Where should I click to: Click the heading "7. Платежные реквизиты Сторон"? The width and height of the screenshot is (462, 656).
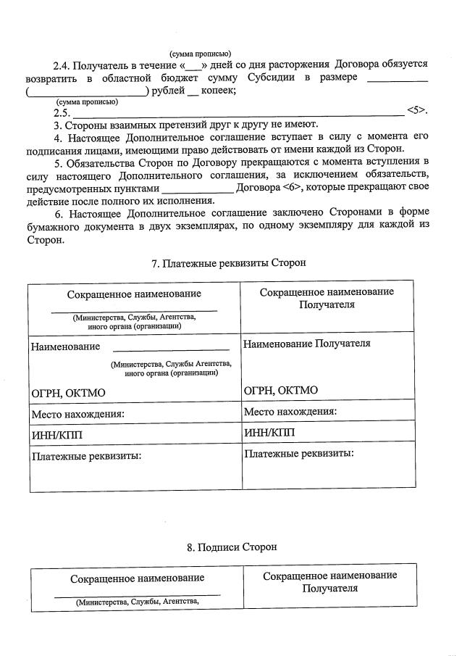point(229,263)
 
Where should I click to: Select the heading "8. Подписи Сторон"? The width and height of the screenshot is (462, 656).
point(231,547)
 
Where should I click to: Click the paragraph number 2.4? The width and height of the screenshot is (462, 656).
point(62,65)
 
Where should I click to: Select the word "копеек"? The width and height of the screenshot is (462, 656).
point(217,91)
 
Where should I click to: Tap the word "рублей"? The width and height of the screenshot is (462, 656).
point(167,91)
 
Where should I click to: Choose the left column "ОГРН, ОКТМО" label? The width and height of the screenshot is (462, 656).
point(68,392)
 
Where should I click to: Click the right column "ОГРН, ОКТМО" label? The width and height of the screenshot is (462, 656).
point(281,391)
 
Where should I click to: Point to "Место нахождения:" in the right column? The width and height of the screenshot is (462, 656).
point(290,411)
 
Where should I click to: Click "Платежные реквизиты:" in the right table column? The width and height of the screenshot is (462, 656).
point(299,454)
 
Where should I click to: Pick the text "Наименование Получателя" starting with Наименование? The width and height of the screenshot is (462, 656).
point(307,343)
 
